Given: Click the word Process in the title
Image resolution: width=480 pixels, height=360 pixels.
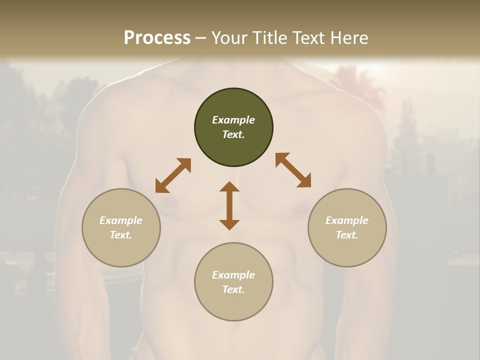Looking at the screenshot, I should (x=157, y=38).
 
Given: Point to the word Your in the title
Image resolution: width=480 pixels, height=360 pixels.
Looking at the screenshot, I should (x=228, y=38).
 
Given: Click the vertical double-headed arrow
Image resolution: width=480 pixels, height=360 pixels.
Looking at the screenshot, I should (x=229, y=206).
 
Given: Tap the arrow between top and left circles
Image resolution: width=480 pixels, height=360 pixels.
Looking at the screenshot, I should (x=173, y=175).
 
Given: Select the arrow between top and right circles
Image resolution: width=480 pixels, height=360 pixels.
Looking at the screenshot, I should (x=293, y=170).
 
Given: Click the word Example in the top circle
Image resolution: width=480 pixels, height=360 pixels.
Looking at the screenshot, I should (x=233, y=120).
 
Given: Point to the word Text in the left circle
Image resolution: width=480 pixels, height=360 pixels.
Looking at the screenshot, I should (x=121, y=235).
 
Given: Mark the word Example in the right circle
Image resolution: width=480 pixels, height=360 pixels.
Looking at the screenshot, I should (x=347, y=220).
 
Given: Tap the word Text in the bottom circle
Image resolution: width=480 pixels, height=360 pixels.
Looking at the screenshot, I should (x=233, y=289).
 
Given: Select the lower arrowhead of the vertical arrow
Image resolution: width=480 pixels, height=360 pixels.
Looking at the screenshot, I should (x=229, y=224).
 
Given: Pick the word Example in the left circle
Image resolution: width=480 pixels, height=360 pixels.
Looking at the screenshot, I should (x=121, y=220).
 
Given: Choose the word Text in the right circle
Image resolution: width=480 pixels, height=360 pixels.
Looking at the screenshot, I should (x=347, y=235).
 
